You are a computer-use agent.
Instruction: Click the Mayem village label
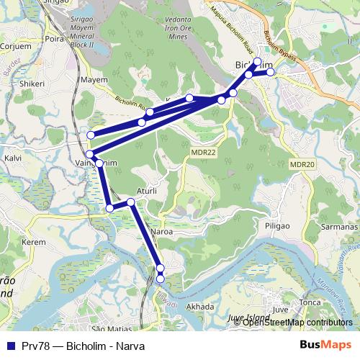coord(94,80)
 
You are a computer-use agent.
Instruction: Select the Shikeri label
coord(32,84)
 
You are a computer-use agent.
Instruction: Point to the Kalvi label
coord(13,157)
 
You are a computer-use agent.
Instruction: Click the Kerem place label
coord(33,243)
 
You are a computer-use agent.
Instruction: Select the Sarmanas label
coord(340,227)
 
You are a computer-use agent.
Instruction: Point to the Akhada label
coord(200,306)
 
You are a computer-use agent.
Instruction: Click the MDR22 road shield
coord(204,152)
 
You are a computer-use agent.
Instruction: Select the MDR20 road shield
coord(302,165)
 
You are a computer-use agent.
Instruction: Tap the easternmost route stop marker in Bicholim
coord(271,72)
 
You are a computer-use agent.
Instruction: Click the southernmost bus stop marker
coord(161,278)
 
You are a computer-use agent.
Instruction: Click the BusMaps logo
coord(330,345)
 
